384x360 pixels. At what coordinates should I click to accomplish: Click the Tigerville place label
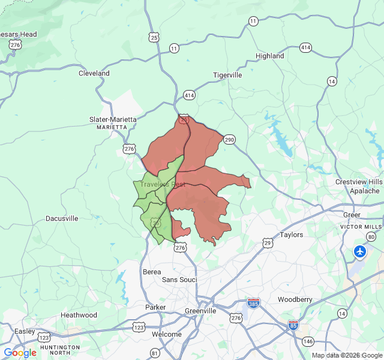click(x=227, y=75)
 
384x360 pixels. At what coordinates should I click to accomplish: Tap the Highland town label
click(x=270, y=56)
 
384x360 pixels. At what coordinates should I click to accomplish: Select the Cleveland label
click(x=94, y=73)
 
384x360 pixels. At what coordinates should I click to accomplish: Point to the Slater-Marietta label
click(x=113, y=119)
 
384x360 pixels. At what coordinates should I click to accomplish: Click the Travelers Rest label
click(x=163, y=185)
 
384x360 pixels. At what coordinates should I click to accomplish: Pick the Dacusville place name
click(x=62, y=218)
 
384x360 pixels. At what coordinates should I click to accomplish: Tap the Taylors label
click(x=292, y=235)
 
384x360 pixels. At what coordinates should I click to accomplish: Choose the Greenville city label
click(x=200, y=311)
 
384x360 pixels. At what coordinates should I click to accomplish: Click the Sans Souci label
click(x=179, y=280)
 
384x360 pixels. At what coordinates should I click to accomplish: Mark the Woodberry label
click(x=295, y=299)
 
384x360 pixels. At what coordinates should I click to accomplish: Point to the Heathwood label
click(x=79, y=315)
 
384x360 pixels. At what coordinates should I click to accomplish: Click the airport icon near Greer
click(x=360, y=251)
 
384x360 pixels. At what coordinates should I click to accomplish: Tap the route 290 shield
click(x=230, y=140)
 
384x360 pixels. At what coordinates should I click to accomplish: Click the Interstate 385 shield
click(x=253, y=303)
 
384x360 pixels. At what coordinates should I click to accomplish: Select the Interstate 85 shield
click(x=293, y=325)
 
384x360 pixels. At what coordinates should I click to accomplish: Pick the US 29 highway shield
click(x=267, y=243)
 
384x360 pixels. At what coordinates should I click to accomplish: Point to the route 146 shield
click(x=308, y=341)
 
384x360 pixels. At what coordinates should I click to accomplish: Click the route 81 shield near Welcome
click(x=155, y=352)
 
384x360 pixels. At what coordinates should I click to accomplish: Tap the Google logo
click(x=20, y=353)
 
